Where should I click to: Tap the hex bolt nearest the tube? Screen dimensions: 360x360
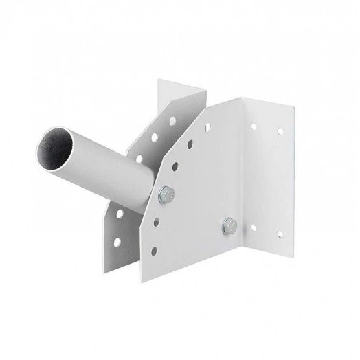point(165,194)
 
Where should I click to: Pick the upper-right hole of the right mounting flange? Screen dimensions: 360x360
point(280,131)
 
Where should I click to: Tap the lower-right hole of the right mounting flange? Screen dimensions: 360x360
point(279,234)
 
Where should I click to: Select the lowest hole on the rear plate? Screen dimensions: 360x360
point(118,241)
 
